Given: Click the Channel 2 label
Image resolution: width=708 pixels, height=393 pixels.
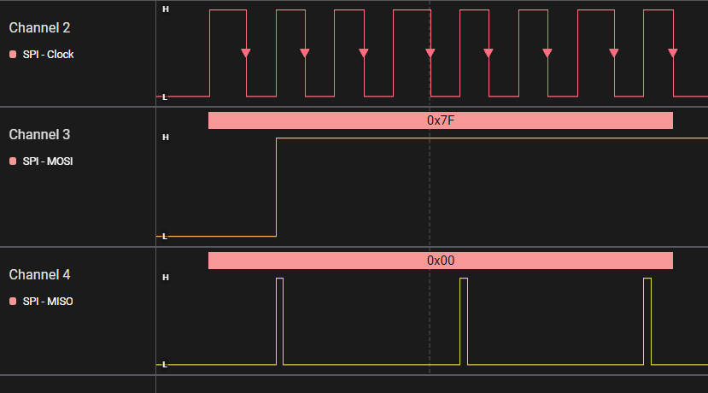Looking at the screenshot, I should coord(39,27).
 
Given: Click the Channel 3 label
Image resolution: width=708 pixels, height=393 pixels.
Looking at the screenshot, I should coord(39,134).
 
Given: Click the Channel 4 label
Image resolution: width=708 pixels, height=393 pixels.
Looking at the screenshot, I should coord(39,274).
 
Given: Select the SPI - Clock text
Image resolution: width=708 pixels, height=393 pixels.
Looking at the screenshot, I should coord(48,55).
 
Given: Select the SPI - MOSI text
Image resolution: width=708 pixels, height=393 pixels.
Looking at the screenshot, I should coord(48,161).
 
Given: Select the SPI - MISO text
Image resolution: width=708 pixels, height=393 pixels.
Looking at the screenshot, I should coord(48,301).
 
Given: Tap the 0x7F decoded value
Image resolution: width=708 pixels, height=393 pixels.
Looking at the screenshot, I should coord(441,120).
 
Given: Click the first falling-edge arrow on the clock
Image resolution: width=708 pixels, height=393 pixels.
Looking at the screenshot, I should coord(246,53).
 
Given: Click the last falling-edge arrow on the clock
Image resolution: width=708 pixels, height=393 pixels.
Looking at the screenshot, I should coord(673,53).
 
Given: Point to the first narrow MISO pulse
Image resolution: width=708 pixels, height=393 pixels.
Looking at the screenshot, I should coord(279,320).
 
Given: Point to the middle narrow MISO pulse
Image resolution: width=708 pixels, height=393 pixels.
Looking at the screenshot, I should coord(464,320).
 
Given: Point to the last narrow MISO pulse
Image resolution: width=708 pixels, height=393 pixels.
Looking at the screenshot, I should coord(647,320).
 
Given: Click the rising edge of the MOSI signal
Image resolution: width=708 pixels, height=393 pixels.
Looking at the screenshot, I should coord(276,186).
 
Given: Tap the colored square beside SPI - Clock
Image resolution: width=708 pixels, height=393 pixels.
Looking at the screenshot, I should coord(13,55).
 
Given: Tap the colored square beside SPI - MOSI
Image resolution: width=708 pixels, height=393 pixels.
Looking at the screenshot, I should coord(13,161).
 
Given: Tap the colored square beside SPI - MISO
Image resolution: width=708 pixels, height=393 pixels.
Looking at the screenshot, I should coord(13,301).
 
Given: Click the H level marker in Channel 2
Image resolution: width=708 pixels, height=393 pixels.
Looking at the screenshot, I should coord(165,9).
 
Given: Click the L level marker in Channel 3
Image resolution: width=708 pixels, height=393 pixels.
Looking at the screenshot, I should coord(165,236).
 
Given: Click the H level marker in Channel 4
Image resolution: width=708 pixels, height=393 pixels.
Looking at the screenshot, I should coord(165,277).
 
